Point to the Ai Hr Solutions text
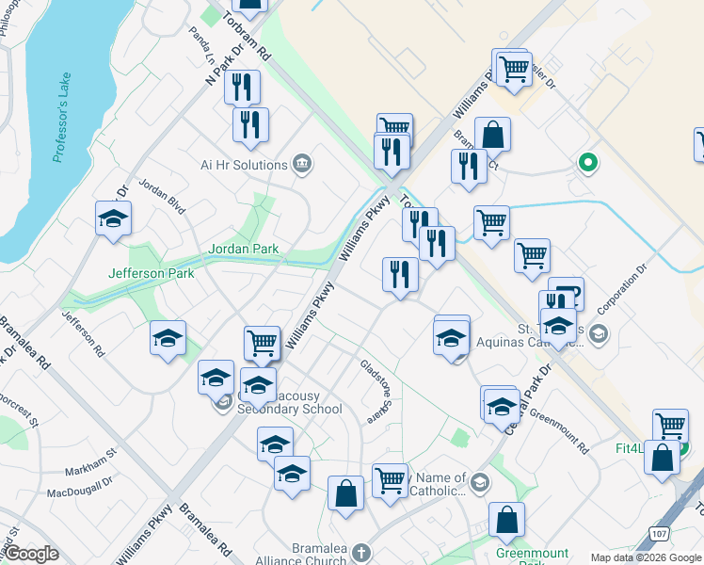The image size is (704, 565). click(244, 165)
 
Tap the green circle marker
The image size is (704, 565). click(588, 163)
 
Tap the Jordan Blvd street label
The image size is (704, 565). click(162, 193)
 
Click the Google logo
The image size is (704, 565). click(31, 555)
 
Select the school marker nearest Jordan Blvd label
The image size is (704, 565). click(114, 218)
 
